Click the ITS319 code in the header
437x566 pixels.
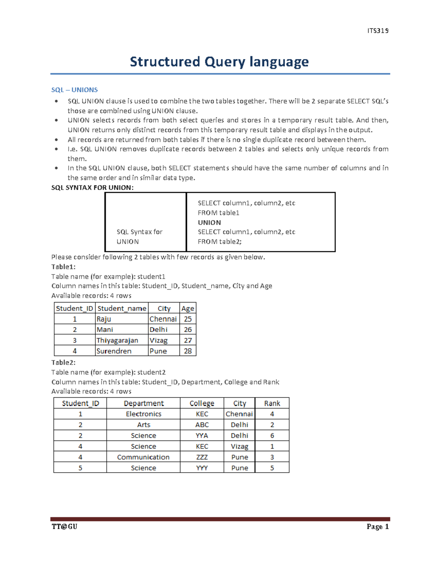pos(378,31)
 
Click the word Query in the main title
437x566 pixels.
pos(224,62)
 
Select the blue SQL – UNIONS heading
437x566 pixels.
pos(75,90)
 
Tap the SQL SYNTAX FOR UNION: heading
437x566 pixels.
pos(92,188)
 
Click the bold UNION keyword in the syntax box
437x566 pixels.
pos(209,222)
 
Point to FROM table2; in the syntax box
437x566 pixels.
pos(220,242)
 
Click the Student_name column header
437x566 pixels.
pos(122,308)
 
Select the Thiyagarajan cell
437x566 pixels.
pos(117,340)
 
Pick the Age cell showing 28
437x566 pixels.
pos(188,351)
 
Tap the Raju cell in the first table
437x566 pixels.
pos(104,319)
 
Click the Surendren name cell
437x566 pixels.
pos(114,351)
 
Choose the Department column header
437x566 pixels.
pos(143,403)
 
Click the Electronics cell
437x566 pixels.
pos(143,414)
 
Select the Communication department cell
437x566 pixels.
pos(143,457)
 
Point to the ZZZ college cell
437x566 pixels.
pos(202,457)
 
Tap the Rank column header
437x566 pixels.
pos(272,403)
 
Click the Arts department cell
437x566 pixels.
pos(143,425)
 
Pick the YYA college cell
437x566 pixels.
pos(202,436)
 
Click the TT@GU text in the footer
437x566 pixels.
pos(64,527)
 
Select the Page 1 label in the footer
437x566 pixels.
pos(378,527)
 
